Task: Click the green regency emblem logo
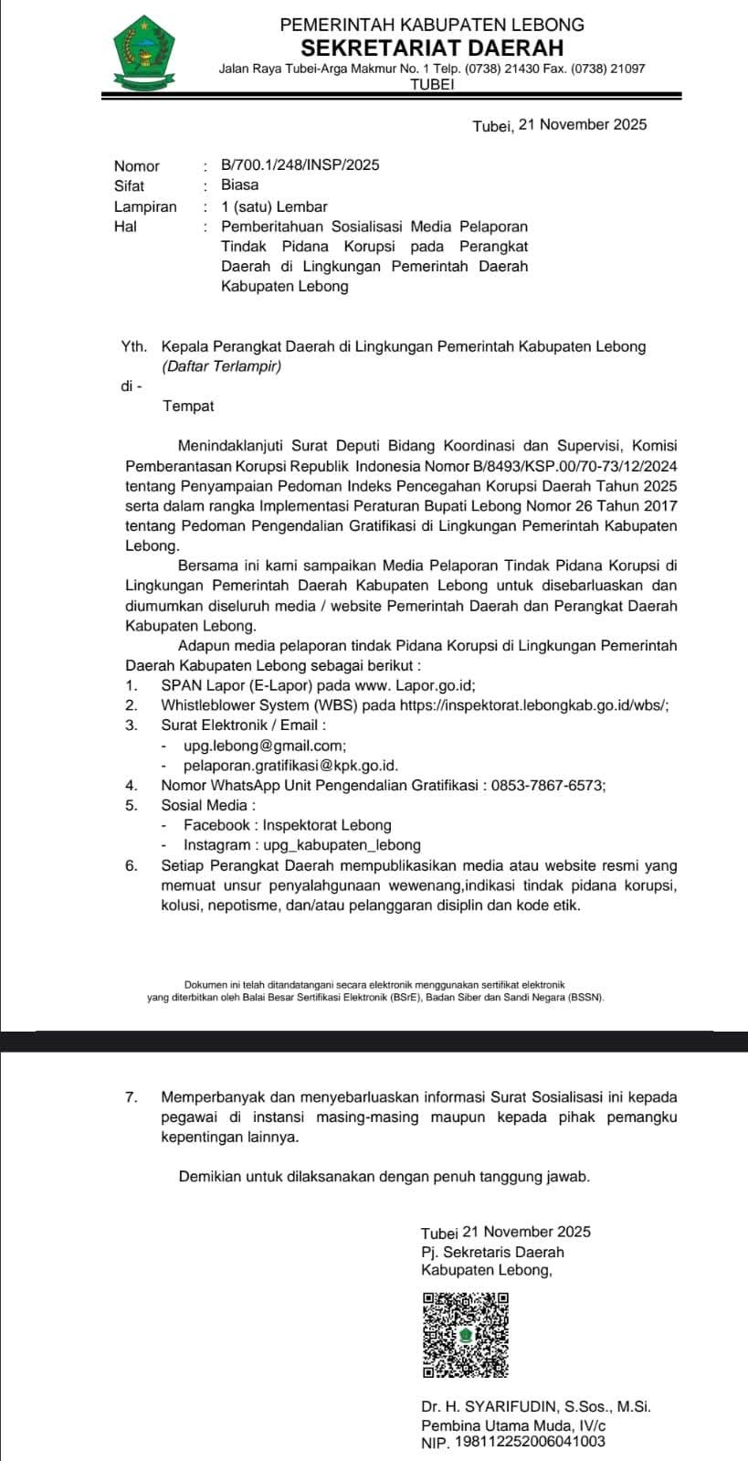pos(143,53)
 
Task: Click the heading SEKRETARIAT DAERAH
pos(432,47)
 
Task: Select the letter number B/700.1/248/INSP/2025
pos(300,165)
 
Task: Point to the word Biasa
pos(239,185)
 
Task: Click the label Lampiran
pos(145,206)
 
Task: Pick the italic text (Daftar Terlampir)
pos(222,366)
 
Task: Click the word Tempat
pos(188,406)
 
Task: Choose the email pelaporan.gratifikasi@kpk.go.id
pos(290,766)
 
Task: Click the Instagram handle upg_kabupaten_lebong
pos(341,845)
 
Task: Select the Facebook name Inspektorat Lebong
pos(327,825)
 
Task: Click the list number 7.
pos(131,1096)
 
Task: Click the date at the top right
pos(559,125)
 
